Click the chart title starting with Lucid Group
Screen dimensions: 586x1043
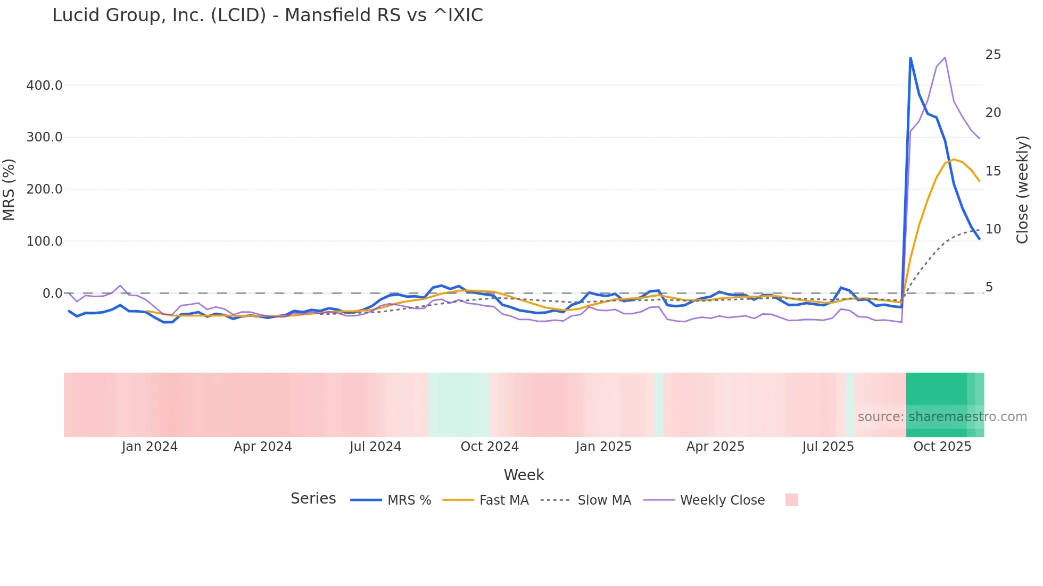[x=267, y=15]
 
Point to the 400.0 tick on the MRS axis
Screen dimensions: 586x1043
[x=44, y=85]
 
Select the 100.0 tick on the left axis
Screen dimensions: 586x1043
[x=44, y=241]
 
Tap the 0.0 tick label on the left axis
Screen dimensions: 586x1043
[x=52, y=294]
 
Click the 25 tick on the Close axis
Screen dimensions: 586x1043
[x=993, y=55]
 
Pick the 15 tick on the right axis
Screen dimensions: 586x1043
[x=993, y=171]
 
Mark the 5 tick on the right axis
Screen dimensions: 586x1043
[x=989, y=287]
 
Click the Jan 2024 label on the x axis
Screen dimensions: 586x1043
[x=150, y=447]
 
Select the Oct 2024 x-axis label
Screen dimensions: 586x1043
[x=490, y=447]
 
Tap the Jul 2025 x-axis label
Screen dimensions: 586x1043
[x=828, y=447]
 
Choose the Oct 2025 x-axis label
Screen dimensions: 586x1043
[x=942, y=447]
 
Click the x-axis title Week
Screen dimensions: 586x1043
[x=524, y=475]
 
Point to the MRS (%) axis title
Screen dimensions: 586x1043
[x=9, y=189]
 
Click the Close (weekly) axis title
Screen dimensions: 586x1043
[x=1022, y=189]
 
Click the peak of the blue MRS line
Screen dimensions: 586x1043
[x=910, y=57]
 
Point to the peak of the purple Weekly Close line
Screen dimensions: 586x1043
[x=945, y=57]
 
